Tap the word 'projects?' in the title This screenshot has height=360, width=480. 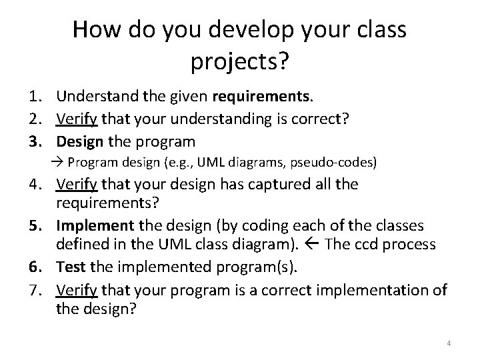[x=239, y=62]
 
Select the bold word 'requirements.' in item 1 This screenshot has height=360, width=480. [x=262, y=97]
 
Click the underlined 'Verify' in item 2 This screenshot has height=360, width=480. [x=77, y=119]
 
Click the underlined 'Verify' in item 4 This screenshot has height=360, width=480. [x=77, y=184]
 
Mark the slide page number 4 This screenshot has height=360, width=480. [x=449, y=343]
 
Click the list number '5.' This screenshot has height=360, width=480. [x=39, y=226]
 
